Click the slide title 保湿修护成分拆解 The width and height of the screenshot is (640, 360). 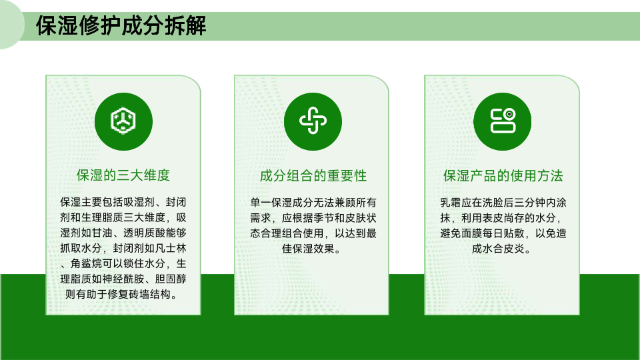coord(121,26)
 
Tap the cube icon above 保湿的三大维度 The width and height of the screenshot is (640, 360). coord(123,121)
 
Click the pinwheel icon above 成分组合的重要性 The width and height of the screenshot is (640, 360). coord(313,121)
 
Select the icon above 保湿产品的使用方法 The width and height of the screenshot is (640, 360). coord(503,121)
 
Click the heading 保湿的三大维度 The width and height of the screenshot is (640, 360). coord(123,175)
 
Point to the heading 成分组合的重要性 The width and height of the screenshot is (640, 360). coord(313,175)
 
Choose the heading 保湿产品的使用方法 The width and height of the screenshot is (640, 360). coord(503,175)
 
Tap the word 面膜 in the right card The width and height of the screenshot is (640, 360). coord(471,233)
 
